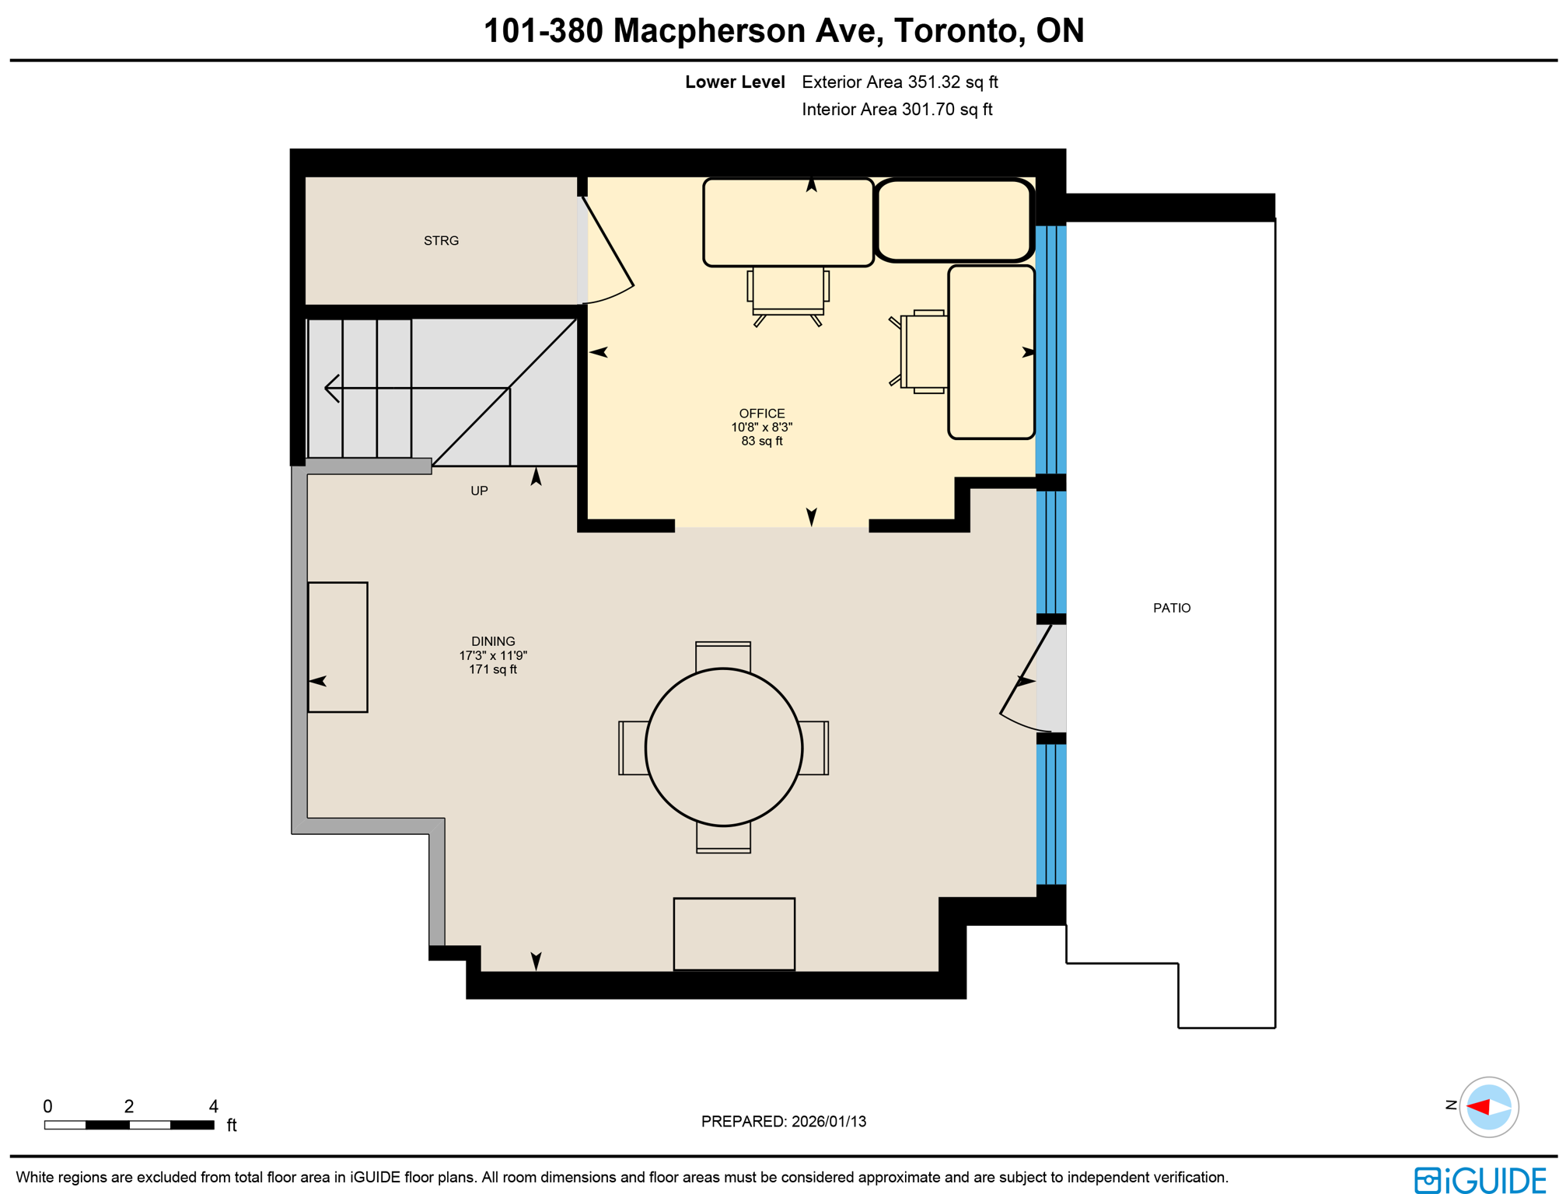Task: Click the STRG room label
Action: point(441,241)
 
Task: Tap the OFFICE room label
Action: point(761,414)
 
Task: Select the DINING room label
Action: point(493,641)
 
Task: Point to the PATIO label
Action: point(1171,608)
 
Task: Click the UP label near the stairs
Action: point(479,491)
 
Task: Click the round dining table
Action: point(723,747)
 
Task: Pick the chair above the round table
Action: point(723,655)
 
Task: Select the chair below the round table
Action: point(723,839)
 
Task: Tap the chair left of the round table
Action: point(632,748)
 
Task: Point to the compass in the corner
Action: point(1488,1106)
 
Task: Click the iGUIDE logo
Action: point(1480,1179)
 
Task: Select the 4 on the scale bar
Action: point(214,1105)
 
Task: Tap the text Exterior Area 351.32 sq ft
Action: point(900,82)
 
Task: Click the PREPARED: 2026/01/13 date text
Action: point(783,1121)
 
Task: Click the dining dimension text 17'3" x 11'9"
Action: point(493,655)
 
